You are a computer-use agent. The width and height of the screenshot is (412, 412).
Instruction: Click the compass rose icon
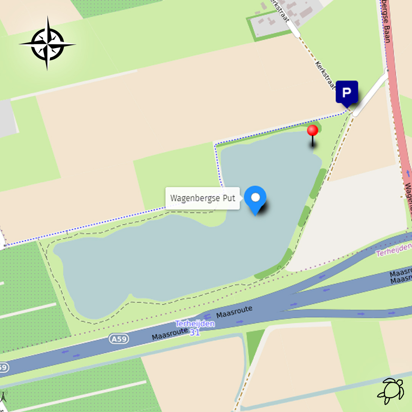pyautogui.click(x=47, y=43)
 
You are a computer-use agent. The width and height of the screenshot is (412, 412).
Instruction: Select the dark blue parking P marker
pyautogui.click(x=347, y=93)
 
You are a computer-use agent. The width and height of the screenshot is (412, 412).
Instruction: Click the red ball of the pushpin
pyautogui.click(x=313, y=130)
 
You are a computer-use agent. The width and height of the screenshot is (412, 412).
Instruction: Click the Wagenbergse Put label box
pyautogui.click(x=203, y=198)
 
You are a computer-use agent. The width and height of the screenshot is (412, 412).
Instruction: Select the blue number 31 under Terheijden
pyautogui.click(x=195, y=332)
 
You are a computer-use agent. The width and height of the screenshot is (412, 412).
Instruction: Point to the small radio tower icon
pyautogui.click(x=3, y=397)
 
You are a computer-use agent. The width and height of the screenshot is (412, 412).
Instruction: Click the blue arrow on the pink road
pyautogui.click(x=408, y=174)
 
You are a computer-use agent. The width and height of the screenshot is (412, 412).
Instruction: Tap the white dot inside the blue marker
pyautogui.click(x=255, y=197)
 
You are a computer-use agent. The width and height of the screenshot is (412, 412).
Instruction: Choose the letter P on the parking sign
pyautogui.click(x=347, y=92)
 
